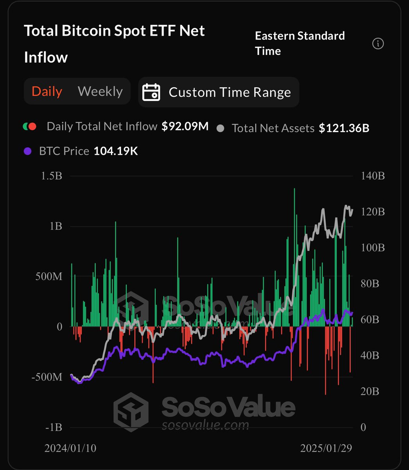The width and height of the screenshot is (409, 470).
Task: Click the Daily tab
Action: point(47,91)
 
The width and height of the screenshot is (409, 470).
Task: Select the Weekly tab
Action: point(100,91)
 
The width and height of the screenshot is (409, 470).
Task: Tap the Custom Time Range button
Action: point(230,92)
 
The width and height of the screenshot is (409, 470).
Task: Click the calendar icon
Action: point(151,92)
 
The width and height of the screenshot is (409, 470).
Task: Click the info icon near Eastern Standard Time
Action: point(378,43)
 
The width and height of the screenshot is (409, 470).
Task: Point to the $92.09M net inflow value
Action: point(185,127)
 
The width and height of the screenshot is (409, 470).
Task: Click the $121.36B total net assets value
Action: point(344,128)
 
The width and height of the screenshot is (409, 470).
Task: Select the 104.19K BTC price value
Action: point(116,151)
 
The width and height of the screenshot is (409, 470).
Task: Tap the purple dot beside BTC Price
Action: point(27,151)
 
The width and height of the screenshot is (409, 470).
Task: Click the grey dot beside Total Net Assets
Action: point(221,128)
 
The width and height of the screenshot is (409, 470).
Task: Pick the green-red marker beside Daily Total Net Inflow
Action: point(30,127)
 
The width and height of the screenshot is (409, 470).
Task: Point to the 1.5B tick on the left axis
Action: point(52,176)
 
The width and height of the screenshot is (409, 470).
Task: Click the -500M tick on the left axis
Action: point(47,377)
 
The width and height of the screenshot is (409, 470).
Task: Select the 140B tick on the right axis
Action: point(372,176)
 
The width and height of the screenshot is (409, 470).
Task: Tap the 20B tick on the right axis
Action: point(370,391)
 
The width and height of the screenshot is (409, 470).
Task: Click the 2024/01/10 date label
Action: point(71,448)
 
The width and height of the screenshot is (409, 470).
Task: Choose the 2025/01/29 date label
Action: point(326,448)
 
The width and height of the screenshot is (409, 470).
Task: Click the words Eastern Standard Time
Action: point(300,43)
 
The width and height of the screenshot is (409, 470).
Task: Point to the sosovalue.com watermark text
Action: point(205,425)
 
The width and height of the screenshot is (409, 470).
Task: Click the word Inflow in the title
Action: point(46,57)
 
